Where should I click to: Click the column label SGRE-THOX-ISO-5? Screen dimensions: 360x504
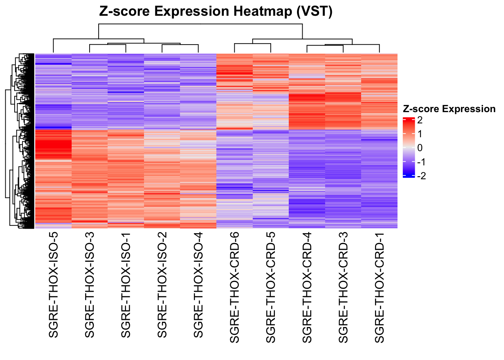[53, 284]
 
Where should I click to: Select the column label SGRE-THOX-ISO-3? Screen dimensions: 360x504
[90, 284]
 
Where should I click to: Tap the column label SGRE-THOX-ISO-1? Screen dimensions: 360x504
[126, 284]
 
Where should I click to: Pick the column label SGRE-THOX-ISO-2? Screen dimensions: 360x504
[162, 284]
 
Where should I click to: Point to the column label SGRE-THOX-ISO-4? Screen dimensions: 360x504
[198, 284]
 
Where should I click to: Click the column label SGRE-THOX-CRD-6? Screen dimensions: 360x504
[234, 287]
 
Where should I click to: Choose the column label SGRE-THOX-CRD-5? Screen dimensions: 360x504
[271, 287]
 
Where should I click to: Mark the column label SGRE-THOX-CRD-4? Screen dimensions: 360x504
[307, 287]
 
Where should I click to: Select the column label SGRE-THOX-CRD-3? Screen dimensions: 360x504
[343, 287]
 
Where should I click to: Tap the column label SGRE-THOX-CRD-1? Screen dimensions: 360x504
[379, 287]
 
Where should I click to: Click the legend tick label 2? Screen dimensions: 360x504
[420, 120]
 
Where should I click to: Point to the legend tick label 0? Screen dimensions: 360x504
[420, 148]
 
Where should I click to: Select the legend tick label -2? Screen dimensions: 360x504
[421, 176]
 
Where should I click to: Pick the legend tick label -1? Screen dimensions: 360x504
[421, 162]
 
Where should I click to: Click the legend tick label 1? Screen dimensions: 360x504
[420, 134]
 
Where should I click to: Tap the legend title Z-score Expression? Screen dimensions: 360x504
[449, 109]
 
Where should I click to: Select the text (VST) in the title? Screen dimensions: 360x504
[314, 12]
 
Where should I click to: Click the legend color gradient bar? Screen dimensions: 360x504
[409, 147]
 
